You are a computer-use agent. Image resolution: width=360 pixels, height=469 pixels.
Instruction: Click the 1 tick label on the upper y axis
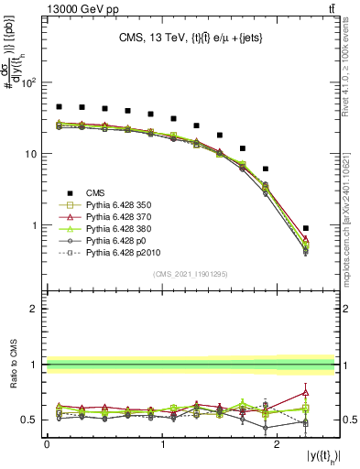[x=36, y=225]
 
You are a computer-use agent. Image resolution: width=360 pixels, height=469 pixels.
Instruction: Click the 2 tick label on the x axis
[x=277, y=443]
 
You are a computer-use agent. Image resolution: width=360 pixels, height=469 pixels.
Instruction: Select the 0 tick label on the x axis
[x=47, y=443]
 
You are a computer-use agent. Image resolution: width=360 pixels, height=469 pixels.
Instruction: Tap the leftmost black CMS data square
[x=59, y=107]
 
